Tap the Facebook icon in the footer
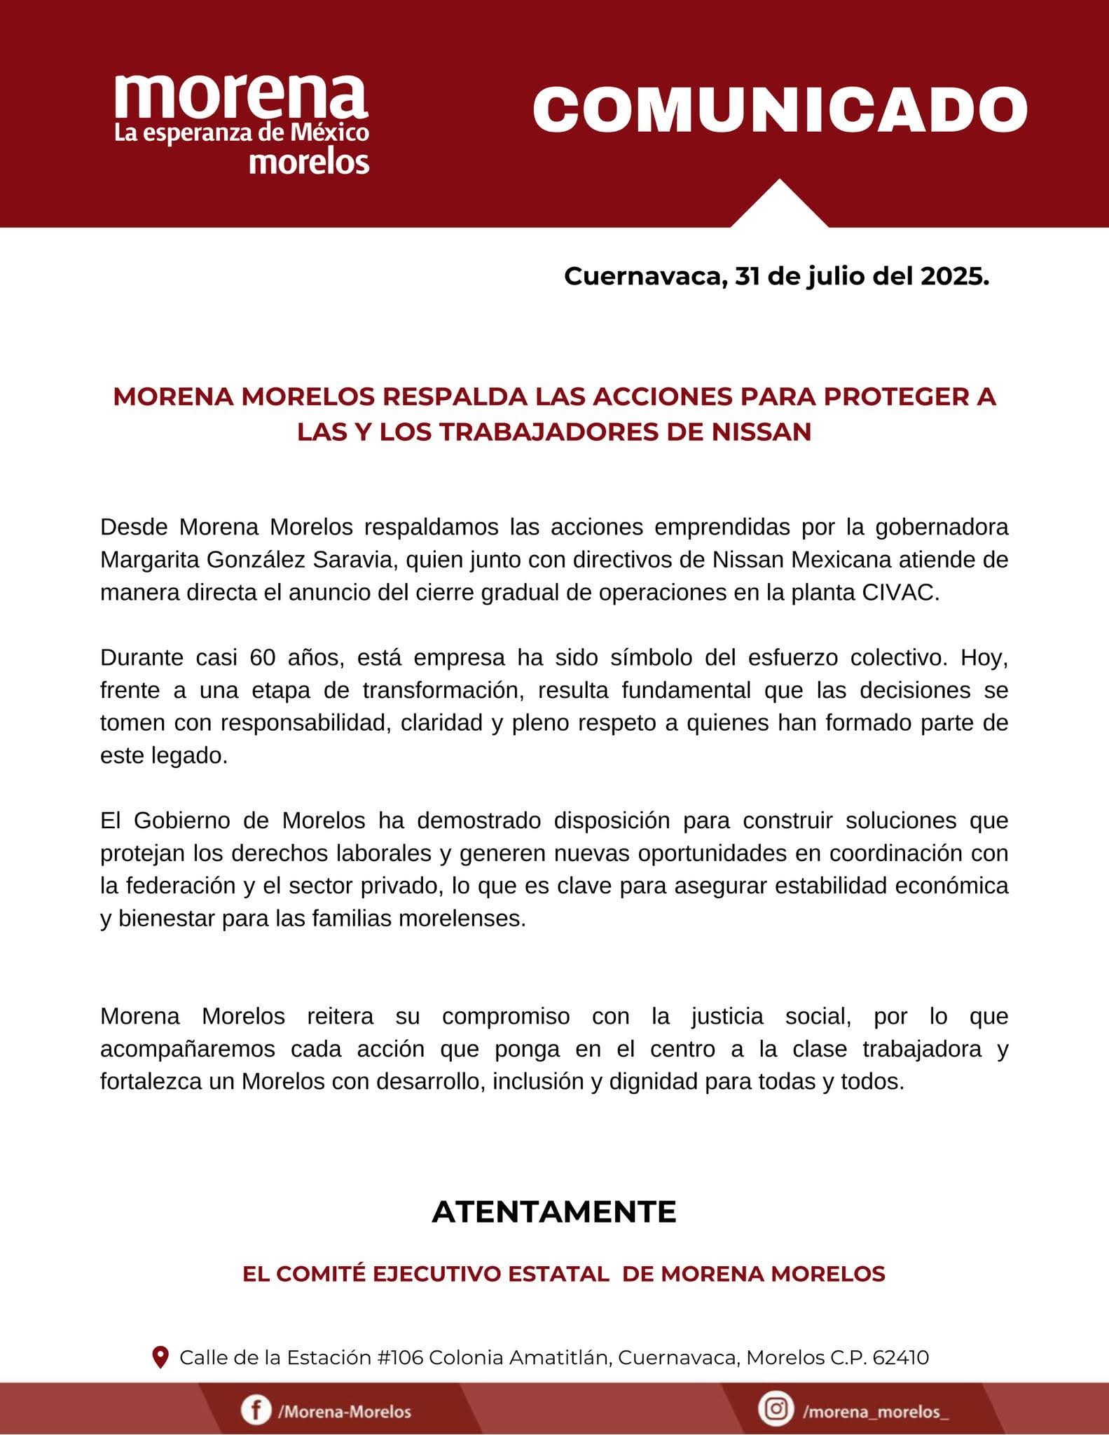[256, 1409]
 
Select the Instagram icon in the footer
[776, 1408]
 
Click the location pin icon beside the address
[160, 1357]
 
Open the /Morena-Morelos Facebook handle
[344, 1410]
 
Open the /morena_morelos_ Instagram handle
[876, 1410]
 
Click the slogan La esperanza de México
[242, 133]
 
